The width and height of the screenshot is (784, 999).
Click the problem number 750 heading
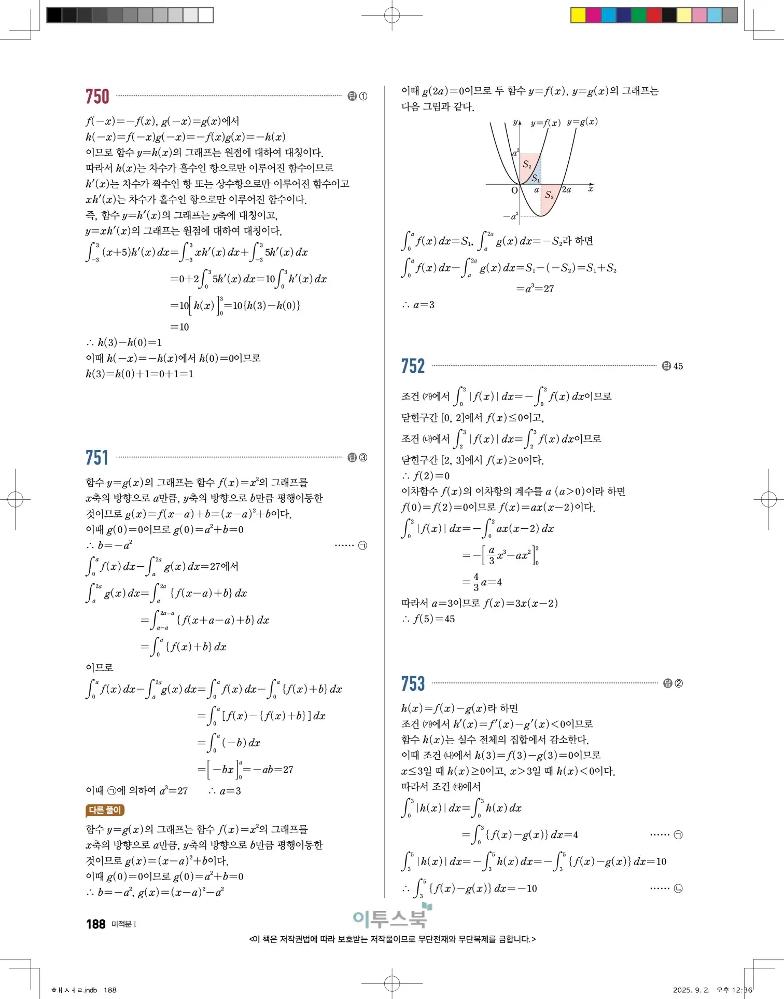(97, 97)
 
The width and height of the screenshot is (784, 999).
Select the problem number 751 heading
(97, 458)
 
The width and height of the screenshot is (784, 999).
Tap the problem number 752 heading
(413, 366)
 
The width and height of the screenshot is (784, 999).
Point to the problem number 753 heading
(413, 683)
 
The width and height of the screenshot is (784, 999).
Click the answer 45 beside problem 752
(678, 366)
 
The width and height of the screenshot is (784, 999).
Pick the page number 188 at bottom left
(96, 924)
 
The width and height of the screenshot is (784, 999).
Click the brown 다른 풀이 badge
(105, 810)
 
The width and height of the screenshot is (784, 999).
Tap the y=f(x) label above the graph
(545, 123)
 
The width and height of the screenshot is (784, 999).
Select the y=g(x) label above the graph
(582, 122)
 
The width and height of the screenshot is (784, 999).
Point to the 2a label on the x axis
(566, 190)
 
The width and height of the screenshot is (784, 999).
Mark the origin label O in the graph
(514, 190)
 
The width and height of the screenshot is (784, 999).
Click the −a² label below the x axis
(511, 216)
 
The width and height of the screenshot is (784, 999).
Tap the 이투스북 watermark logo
(391, 918)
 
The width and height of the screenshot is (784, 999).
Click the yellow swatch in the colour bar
(578, 15)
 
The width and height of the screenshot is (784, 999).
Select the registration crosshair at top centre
(392, 15)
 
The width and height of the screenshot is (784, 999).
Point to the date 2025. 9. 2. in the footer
(689, 990)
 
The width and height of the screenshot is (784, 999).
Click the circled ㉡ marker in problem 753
(678, 888)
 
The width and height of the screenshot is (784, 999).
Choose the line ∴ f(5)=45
(428, 619)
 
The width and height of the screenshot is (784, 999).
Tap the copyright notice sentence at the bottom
(393, 939)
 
